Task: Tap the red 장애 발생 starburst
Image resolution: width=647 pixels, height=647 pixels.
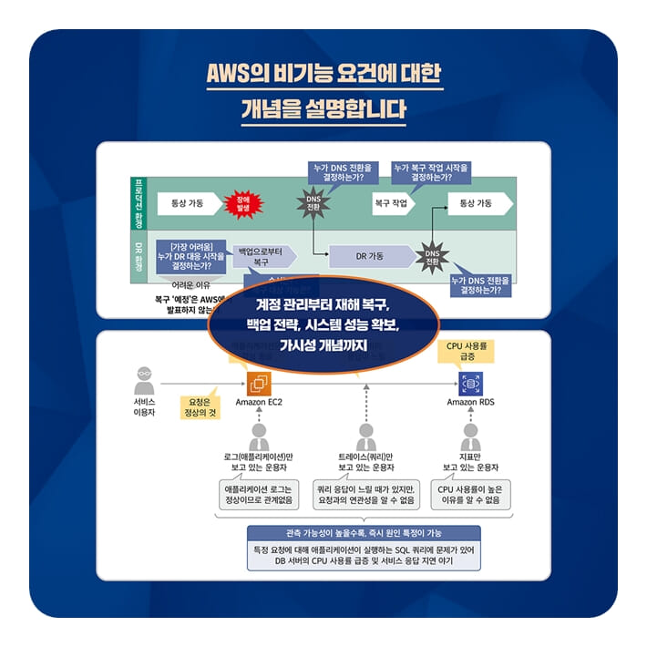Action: pyautogui.click(x=242, y=203)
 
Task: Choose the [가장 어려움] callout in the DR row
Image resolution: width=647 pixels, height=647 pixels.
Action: pyautogui.click(x=191, y=251)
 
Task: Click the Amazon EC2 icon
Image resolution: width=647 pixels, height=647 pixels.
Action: pyautogui.click(x=260, y=384)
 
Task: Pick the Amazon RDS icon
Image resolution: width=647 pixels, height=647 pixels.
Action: pyautogui.click(x=471, y=384)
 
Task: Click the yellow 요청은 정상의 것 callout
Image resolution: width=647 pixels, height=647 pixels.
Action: pyautogui.click(x=200, y=406)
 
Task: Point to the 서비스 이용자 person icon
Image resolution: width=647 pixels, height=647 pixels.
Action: pyautogui.click(x=145, y=379)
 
